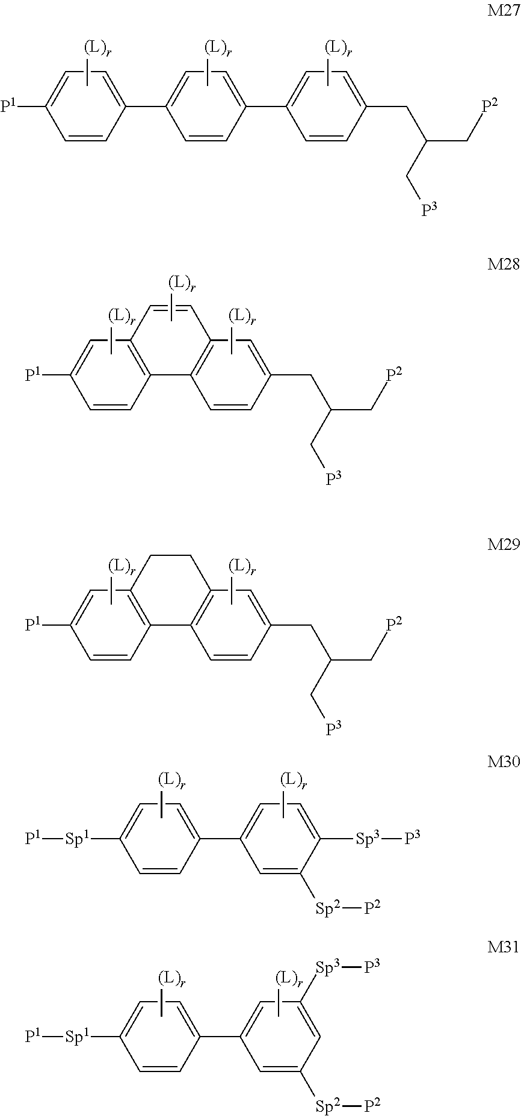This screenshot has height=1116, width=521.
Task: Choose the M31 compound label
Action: tap(502, 948)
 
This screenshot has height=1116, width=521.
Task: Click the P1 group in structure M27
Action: tap(10, 107)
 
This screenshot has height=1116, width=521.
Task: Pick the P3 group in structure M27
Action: tap(429, 210)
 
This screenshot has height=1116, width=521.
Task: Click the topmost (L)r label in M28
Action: tap(182, 283)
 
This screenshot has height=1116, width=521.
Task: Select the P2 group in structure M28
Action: tap(394, 375)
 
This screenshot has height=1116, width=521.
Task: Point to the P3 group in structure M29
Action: tap(333, 729)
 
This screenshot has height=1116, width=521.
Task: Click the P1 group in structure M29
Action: tap(34, 626)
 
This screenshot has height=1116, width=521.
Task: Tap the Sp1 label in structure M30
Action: tap(78, 839)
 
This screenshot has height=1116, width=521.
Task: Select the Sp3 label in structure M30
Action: tap(368, 839)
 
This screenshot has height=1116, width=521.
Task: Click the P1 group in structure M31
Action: tap(34, 1036)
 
